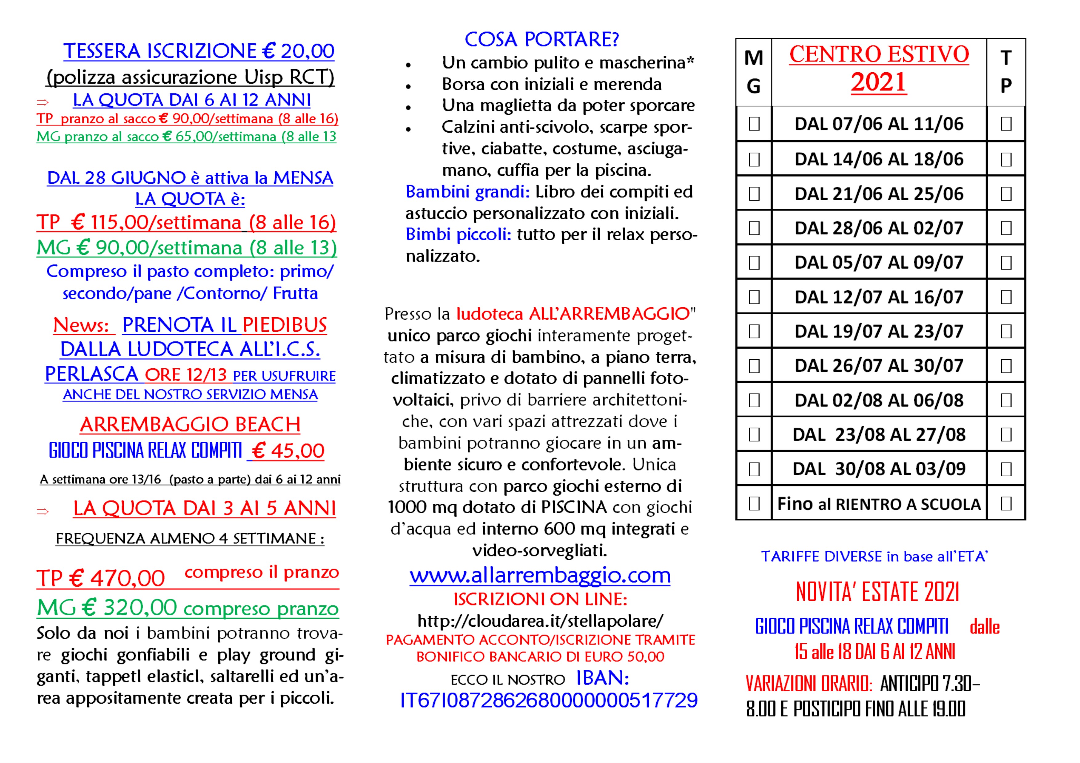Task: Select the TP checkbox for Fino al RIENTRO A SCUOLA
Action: pos(1006,504)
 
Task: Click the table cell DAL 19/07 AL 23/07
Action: pos(879,331)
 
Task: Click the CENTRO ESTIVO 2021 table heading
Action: pos(879,68)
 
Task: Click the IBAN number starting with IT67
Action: pos(549,701)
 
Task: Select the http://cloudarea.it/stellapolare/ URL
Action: pos(540,621)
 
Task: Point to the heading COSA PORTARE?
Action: pos(542,39)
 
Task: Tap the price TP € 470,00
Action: pos(101,578)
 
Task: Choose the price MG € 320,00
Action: pos(107,608)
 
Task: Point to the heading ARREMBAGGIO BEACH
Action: pos(190,425)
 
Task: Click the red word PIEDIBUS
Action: pos(284,325)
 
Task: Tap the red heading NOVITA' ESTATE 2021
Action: pos(877,592)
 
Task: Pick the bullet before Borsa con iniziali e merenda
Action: pos(408,86)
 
